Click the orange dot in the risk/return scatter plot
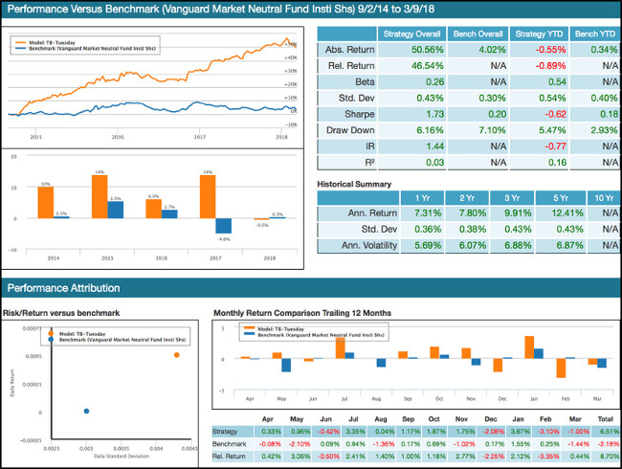click(176, 355)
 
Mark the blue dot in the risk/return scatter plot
click(86, 411)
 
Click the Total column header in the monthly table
click(605, 418)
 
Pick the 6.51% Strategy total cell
click(605, 432)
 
